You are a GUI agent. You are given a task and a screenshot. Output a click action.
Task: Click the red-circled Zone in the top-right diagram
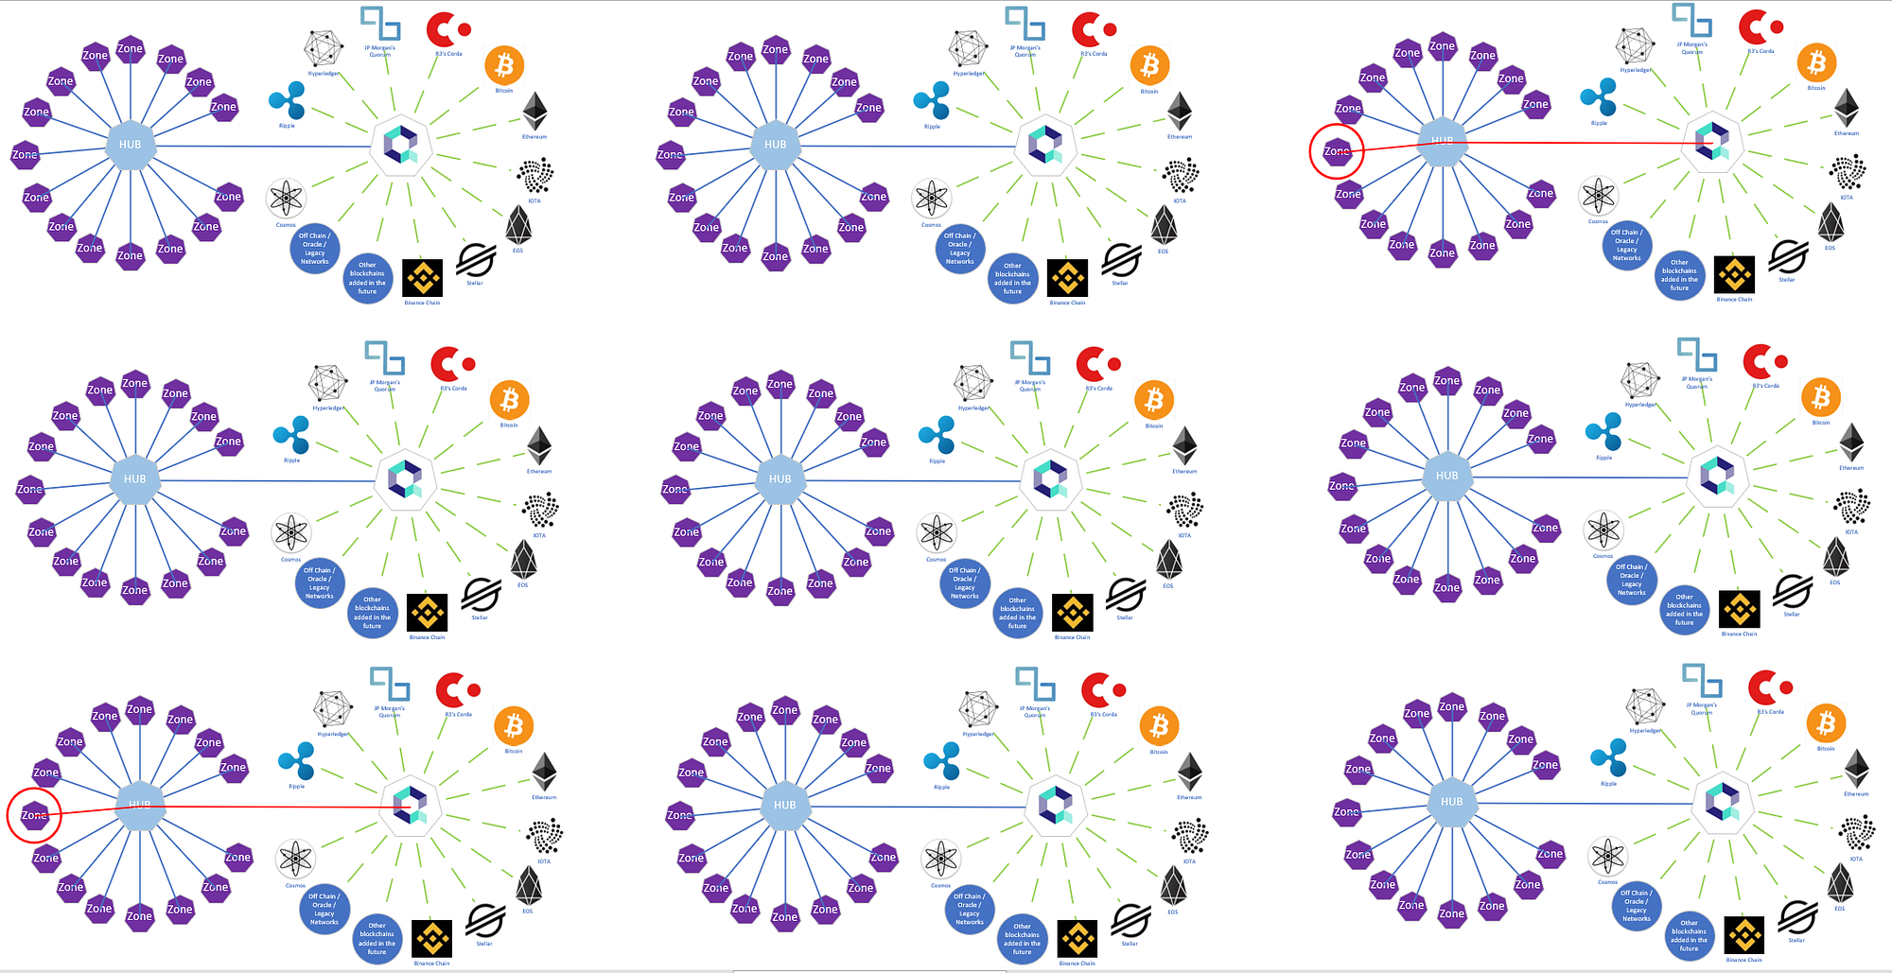1337,151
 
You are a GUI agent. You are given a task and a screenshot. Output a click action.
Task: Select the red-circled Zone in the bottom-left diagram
34,815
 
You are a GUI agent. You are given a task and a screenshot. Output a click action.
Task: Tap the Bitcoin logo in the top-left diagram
504,65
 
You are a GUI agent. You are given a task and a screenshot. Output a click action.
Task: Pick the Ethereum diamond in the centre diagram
1184,445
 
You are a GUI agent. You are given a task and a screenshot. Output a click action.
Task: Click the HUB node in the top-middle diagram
776,145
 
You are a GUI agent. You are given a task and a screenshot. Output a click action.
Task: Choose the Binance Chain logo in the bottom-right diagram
1743,936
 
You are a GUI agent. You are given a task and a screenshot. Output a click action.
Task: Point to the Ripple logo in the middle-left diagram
291,435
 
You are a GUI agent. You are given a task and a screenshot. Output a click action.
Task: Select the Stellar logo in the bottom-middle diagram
1130,920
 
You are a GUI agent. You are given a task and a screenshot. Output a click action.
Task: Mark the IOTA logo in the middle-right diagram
1851,508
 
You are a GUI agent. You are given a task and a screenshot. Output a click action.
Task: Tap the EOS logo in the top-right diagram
1831,222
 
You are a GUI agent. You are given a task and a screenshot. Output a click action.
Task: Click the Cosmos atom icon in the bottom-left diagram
295,859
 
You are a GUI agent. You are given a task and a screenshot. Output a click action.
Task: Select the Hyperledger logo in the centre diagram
972,383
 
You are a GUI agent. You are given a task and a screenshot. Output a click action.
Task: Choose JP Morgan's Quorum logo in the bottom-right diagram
1701,682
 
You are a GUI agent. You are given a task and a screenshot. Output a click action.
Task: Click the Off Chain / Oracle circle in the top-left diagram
314,248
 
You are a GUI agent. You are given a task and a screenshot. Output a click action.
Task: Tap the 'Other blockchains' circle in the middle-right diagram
1684,610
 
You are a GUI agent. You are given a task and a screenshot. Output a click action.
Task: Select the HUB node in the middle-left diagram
135,478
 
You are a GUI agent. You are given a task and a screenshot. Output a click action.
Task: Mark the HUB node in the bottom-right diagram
1451,802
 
